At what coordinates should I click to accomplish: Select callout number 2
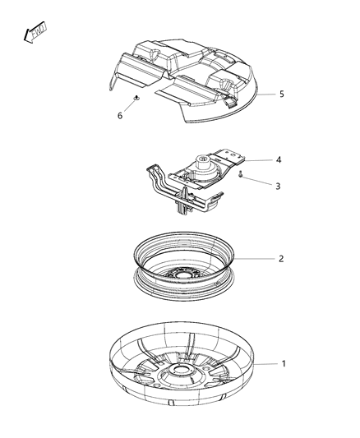pyautogui.click(x=282, y=258)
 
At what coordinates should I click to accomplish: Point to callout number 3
pyautogui.click(x=278, y=187)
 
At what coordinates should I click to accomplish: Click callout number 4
pyautogui.click(x=278, y=159)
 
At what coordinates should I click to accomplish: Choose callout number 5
pyautogui.click(x=281, y=95)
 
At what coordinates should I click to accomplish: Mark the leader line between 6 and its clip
pyautogui.click(x=128, y=108)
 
